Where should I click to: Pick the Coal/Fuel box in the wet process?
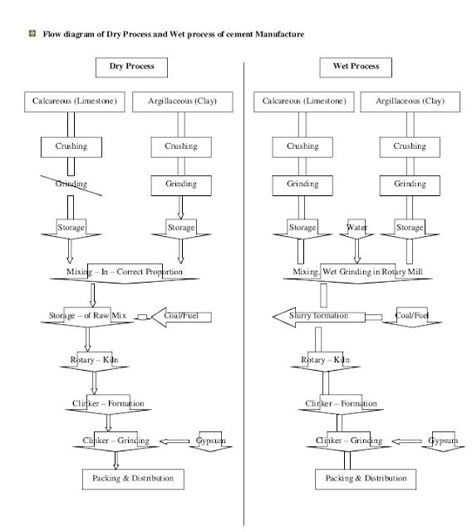[x=411, y=316]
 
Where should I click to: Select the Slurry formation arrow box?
[x=320, y=316]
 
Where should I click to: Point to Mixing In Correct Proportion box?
[x=126, y=272]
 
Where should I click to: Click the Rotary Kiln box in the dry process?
[x=93, y=360]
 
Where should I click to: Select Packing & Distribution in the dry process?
[x=132, y=479]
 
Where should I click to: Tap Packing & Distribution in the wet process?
[x=366, y=479]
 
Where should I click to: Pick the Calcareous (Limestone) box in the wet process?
[x=302, y=102]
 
